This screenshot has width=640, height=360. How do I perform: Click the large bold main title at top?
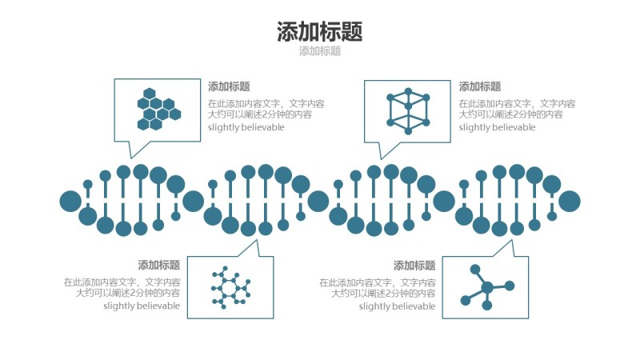point(319,31)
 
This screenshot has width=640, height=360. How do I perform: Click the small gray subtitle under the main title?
point(319,51)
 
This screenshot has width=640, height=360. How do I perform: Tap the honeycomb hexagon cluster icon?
point(158,109)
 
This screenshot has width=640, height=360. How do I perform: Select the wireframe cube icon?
point(408,110)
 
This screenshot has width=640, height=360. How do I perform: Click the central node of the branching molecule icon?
point(486,288)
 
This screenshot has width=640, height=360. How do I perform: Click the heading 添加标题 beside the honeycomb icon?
point(229,87)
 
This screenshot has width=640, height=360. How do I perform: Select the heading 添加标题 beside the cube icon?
point(480,87)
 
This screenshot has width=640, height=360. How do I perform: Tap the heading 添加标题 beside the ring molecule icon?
point(158,266)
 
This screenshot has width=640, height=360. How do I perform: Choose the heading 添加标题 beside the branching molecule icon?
point(414,266)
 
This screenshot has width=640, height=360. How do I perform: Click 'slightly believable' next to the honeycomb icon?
point(246,127)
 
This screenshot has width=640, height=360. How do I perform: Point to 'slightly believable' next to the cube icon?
point(497,127)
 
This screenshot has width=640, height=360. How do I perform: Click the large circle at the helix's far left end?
point(70,202)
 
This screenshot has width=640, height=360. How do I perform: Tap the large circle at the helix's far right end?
point(570,202)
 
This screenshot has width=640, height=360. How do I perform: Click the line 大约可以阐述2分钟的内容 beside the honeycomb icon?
point(260,114)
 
